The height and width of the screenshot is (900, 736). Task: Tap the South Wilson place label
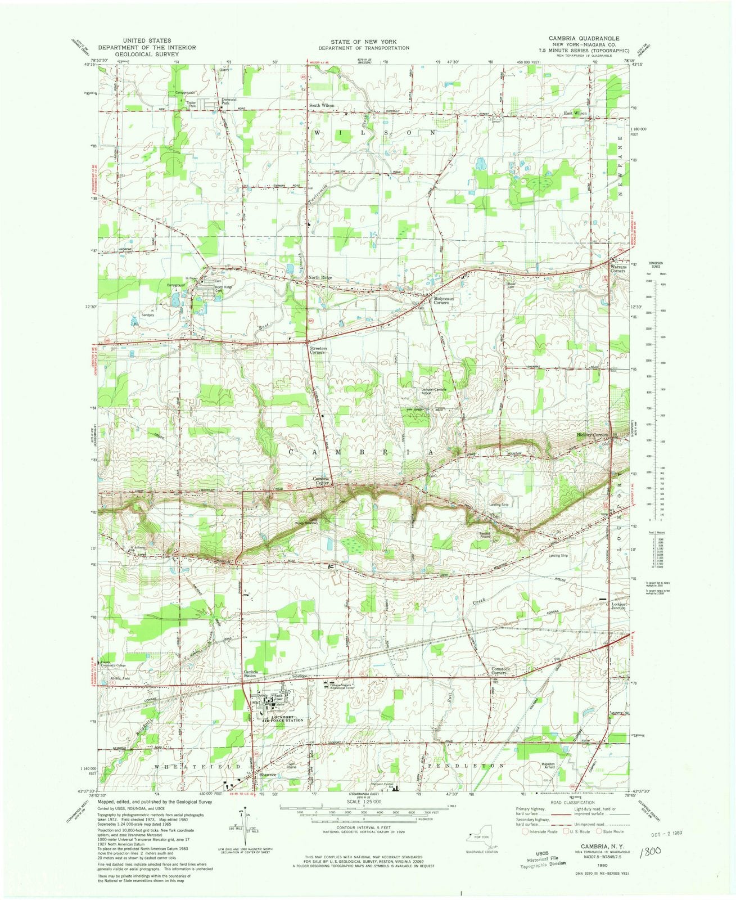point(321,106)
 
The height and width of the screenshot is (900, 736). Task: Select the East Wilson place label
point(575,113)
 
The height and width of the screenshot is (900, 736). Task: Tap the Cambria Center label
point(321,481)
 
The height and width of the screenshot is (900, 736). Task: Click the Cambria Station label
point(251,673)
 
